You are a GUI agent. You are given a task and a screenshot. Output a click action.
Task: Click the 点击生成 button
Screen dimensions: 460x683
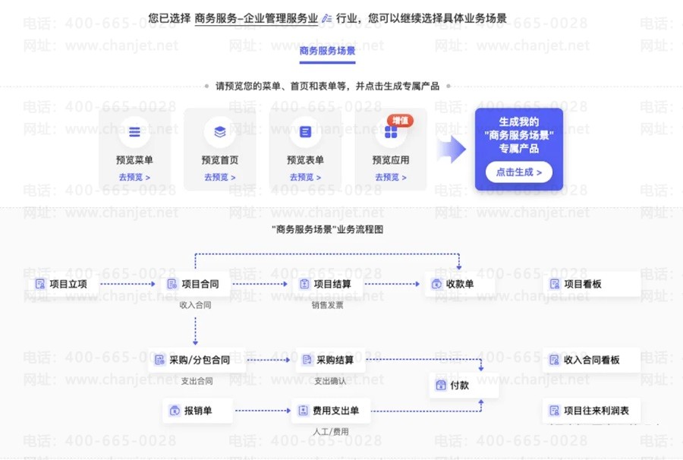tap(519, 172)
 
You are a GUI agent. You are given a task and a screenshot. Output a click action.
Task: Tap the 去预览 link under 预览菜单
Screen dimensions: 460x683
tap(134, 178)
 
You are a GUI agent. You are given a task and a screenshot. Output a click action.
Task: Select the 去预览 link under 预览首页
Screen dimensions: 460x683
tap(220, 178)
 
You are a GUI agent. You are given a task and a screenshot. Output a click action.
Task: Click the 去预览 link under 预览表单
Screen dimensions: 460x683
tap(305, 178)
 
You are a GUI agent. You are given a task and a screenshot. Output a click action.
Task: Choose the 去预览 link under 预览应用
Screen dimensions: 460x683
tap(391, 178)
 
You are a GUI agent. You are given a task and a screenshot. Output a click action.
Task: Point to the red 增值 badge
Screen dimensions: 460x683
tap(400, 120)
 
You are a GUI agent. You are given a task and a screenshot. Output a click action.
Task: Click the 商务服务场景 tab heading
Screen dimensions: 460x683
tap(327, 52)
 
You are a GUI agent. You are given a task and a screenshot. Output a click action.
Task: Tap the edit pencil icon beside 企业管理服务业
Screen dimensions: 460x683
tap(327, 17)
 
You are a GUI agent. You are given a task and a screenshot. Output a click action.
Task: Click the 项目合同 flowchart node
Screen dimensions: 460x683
tap(194, 285)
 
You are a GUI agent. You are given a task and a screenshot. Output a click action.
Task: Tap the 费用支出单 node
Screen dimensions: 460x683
tap(329, 411)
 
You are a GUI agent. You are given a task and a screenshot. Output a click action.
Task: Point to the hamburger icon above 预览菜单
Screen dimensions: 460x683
tap(134, 132)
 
